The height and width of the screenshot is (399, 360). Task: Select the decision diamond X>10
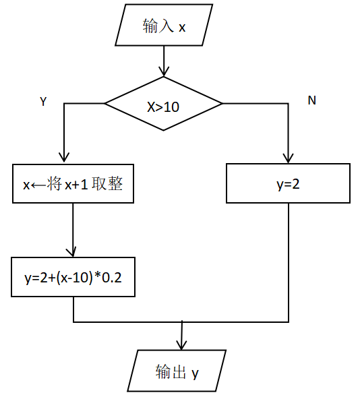click(163, 104)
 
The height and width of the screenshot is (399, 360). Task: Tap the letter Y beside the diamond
click(43, 102)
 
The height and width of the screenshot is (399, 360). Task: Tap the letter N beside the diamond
click(311, 100)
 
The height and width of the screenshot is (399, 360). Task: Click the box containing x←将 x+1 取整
click(73, 183)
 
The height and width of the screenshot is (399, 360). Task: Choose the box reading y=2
click(288, 183)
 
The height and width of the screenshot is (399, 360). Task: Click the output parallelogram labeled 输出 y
click(177, 371)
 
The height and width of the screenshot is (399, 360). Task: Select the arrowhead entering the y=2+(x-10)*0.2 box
click(73, 251)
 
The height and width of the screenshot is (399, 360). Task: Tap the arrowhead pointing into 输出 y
click(181, 344)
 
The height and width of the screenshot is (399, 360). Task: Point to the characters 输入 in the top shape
click(155, 27)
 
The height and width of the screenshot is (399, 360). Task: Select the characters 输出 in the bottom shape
click(170, 372)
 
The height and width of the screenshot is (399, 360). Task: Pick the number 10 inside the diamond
click(171, 105)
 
